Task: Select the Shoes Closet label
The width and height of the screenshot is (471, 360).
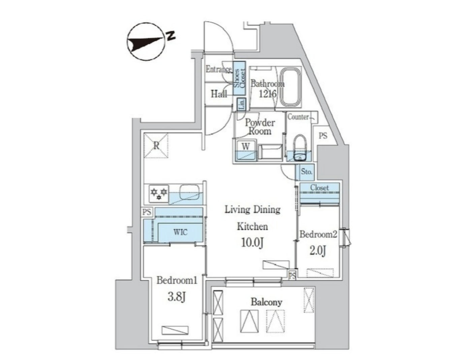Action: (240, 78)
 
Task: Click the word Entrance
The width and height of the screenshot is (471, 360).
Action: (219, 69)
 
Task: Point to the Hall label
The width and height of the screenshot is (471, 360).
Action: (219, 94)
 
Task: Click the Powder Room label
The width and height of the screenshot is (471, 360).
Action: (260, 127)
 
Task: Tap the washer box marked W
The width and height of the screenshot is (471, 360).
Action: (246, 147)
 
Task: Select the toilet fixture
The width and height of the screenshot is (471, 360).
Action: (300, 148)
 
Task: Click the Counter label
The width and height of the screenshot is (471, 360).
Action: (298, 117)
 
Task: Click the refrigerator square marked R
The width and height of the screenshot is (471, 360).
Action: (156, 146)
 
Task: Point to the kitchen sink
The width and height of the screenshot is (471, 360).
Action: (191, 192)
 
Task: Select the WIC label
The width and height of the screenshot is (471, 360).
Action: (180, 232)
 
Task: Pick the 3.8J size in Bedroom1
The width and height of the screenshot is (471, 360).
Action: (177, 297)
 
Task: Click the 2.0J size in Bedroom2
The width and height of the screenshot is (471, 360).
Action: (318, 250)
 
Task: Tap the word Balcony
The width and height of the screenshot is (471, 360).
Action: (266, 302)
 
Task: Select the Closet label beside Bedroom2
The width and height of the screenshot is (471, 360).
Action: (319, 187)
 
